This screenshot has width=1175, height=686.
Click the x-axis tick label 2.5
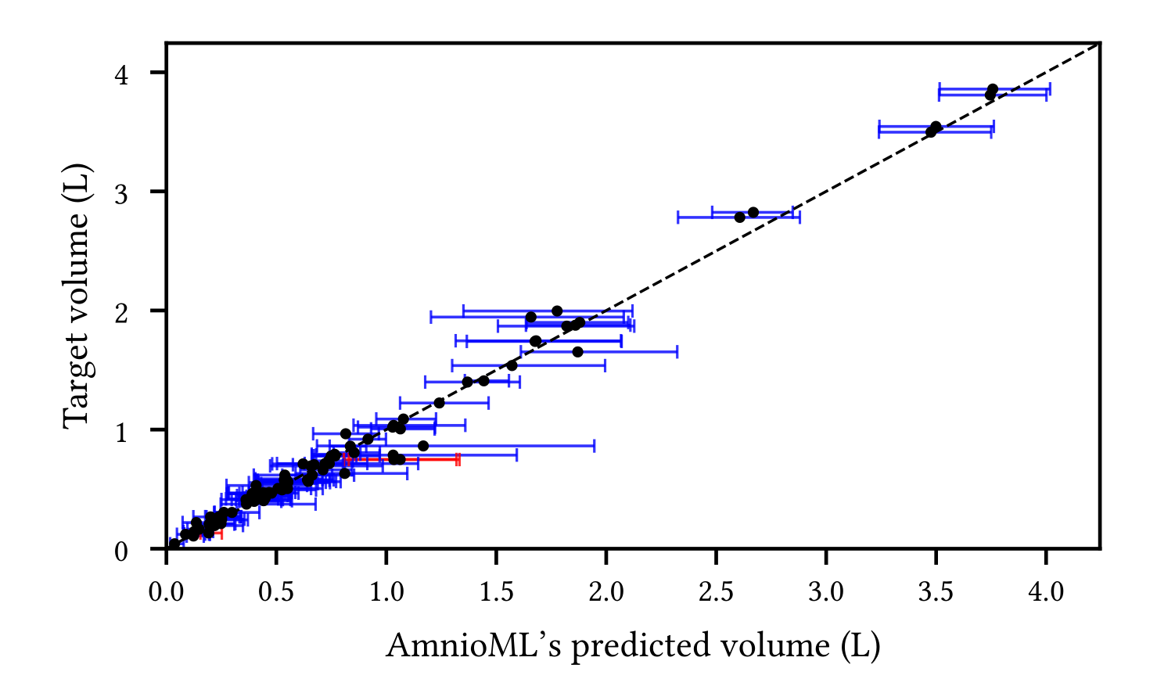(x=717, y=593)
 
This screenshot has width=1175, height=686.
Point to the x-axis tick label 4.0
(x=1046, y=593)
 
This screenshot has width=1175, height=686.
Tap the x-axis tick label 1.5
(x=497, y=593)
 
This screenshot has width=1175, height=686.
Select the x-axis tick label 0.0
(x=167, y=593)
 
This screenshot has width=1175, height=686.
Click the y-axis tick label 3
(x=120, y=192)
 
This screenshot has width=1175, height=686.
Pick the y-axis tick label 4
(x=120, y=73)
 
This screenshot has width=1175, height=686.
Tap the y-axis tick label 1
(x=120, y=431)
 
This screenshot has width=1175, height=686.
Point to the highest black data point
(x=992, y=89)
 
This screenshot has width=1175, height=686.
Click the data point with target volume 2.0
(x=557, y=311)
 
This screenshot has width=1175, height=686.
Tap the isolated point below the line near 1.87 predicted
(x=577, y=352)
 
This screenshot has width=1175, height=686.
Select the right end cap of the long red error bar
(x=458, y=459)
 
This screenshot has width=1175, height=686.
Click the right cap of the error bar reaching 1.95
(x=595, y=446)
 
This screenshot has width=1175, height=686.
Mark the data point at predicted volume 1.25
(x=439, y=403)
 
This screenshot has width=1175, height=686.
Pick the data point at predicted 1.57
(x=512, y=365)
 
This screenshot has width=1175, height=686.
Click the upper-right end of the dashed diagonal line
(x=1098, y=44)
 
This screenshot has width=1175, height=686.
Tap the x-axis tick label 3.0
(x=826, y=593)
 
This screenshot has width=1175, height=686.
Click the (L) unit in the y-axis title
(x=76, y=181)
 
